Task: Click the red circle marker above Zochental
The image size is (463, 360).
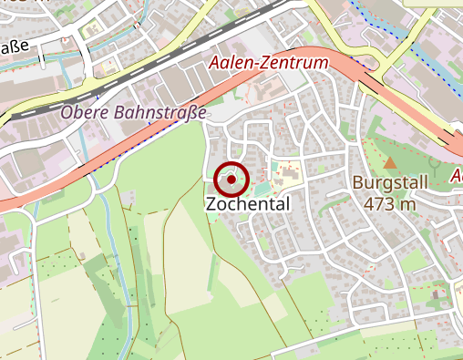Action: (x=233, y=180)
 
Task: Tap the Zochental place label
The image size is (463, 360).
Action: (x=248, y=204)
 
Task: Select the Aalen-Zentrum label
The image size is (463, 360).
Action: (x=268, y=64)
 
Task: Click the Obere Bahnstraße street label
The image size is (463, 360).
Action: (x=134, y=113)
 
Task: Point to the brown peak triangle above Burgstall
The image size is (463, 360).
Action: (x=390, y=163)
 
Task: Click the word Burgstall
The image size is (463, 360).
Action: (x=389, y=183)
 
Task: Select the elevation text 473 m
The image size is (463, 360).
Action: (x=389, y=203)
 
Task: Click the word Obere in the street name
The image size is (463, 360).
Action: (x=85, y=113)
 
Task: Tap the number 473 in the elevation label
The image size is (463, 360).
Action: (x=379, y=203)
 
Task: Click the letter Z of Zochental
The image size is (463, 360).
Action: (x=211, y=204)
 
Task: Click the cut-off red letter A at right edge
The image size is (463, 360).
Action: (x=457, y=174)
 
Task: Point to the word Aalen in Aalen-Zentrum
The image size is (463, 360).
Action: (x=231, y=64)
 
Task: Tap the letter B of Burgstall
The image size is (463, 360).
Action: (x=358, y=183)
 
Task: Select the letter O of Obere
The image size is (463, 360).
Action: (x=67, y=113)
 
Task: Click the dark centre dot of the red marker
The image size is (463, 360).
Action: (x=233, y=180)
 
